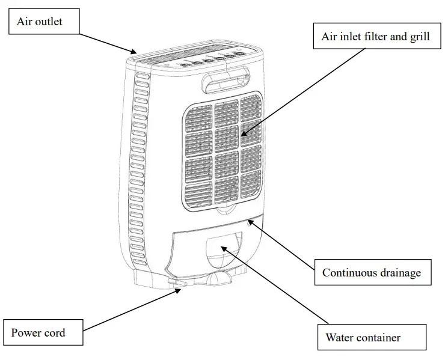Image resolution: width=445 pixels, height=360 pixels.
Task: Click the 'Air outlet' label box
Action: coord(43,23)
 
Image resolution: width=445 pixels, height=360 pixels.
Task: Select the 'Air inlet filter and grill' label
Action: coord(375,37)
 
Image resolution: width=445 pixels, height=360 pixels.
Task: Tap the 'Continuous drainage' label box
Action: coord(371,273)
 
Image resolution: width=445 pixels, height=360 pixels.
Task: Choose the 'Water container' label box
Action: coord(371,337)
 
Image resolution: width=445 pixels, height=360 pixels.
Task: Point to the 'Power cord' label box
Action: coord(43,332)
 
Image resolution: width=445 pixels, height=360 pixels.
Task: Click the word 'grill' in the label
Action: coord(419,37)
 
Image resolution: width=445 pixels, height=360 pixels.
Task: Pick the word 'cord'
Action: coord(55,332)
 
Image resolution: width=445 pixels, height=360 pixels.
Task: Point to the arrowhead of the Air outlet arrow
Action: coord(135,52)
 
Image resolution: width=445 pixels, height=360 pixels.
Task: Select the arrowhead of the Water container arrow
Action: coord(221,246)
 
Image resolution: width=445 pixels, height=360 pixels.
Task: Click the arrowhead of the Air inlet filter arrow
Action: coord(242,134)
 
